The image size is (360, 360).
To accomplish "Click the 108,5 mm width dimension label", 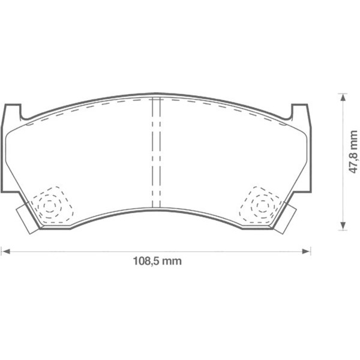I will click(x=156, y=262).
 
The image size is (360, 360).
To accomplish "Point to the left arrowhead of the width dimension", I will click(x=4, y=250).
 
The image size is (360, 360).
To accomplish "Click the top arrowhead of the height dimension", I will click(x=341, y=96).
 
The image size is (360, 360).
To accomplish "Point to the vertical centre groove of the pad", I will click(x=156, y=153).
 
